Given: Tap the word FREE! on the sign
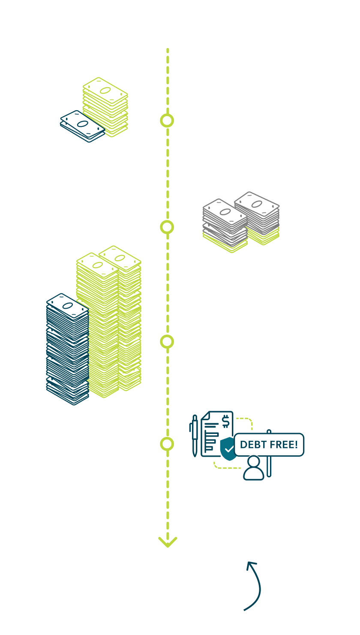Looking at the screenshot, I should point(283,445).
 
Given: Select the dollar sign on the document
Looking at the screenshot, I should point(225,422).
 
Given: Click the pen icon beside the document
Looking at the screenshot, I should point(195,435).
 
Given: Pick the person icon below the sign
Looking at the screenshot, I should point(254,468).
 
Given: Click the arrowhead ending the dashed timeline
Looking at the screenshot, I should point(168,542).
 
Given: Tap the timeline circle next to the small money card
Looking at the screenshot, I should point(167,120).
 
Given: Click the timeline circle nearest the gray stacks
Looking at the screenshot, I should point(167,227).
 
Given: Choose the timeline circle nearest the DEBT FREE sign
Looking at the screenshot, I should point(167,444).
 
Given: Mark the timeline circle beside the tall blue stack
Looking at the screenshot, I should point(167,342).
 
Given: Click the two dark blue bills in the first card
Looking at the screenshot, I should point(82,126).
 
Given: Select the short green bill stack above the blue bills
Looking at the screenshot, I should point(105,107).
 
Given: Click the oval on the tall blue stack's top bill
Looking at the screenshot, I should point(68,305).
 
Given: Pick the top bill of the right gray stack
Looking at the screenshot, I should point(257,204).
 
